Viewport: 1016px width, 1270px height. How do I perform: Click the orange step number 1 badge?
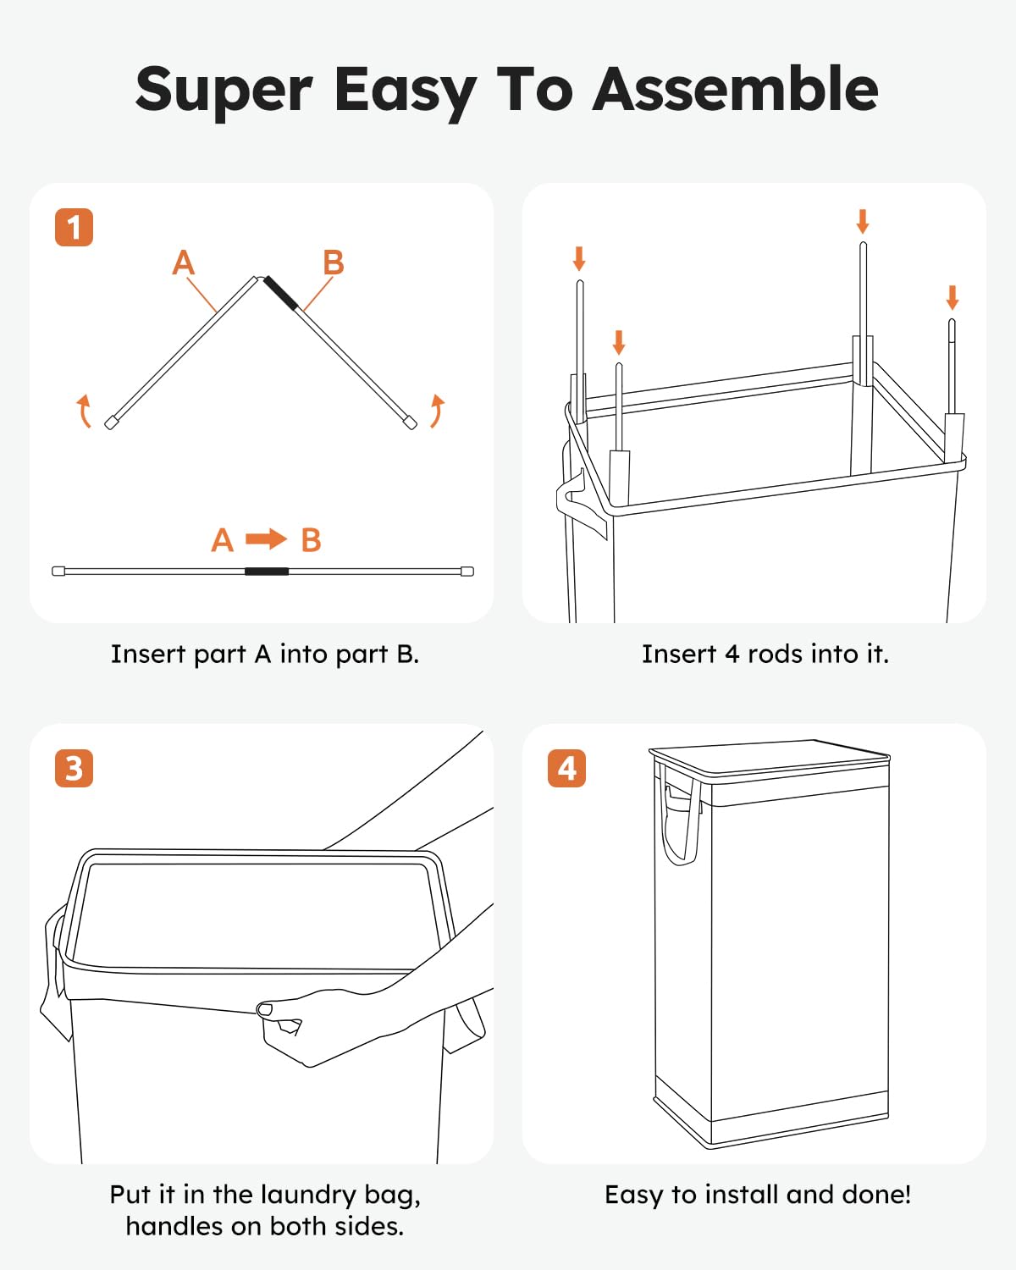[74, 227]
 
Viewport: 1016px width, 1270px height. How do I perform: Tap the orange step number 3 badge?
[74, 769]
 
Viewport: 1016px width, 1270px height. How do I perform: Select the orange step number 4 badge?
[566, 769]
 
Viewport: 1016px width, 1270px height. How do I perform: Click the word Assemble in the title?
[736, 90]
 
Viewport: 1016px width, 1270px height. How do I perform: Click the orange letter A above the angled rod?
[184, 262]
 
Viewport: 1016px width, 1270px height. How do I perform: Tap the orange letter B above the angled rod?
[333, 262]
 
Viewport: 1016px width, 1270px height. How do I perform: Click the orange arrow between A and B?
[266, 538]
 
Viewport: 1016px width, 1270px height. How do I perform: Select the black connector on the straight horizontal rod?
[267, 571]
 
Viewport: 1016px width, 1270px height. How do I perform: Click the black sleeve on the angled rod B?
[281, 293]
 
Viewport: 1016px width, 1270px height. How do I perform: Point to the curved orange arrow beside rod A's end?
[84, 411]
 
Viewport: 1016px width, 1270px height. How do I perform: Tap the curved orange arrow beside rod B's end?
[437, 411]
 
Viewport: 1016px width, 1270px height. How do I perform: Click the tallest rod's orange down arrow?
[863, 221]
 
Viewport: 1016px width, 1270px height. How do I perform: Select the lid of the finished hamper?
[770, 758]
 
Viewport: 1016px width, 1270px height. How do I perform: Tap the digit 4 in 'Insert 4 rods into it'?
[732, 654]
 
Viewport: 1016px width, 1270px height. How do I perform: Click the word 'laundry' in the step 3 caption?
[309, 1195]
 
